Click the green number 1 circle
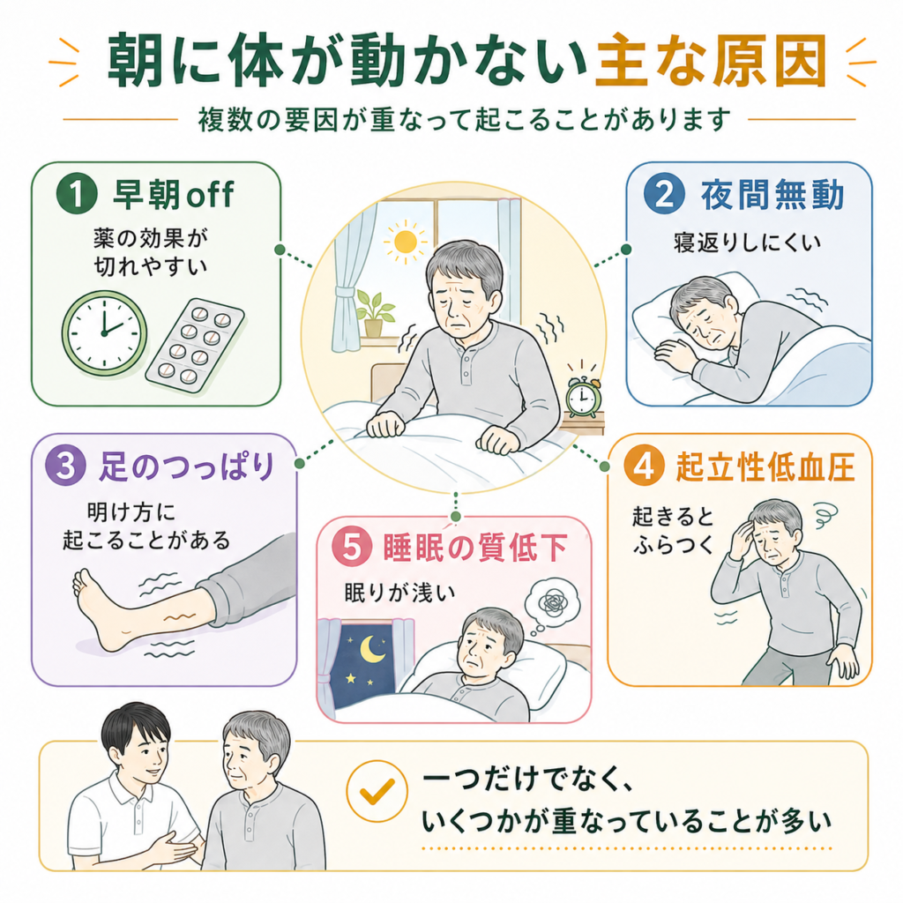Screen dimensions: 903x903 pos(77,194)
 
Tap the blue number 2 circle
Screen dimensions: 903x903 pos(665,194)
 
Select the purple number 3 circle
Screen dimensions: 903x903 pos(65,466)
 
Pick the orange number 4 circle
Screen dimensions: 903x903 pos(645,466)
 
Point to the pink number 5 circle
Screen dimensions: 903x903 pos(352,547)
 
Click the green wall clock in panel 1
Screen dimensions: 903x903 pos(104,332)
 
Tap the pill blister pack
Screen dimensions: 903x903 pos(195,346)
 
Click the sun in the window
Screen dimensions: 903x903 pos(405,242)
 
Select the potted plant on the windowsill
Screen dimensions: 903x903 pos(374,313)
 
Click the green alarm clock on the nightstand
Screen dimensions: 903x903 pos(583,394)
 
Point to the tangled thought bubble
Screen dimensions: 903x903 pos(551,601)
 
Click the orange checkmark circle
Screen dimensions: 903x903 pos(377,791)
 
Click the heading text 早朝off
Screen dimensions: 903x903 pos(174,194)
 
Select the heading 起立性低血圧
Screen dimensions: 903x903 pos(765,466)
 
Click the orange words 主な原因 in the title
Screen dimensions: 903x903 pos(710,61)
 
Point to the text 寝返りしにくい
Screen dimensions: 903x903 pos(747,243)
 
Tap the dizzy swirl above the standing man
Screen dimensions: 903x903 pos(825,511)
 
